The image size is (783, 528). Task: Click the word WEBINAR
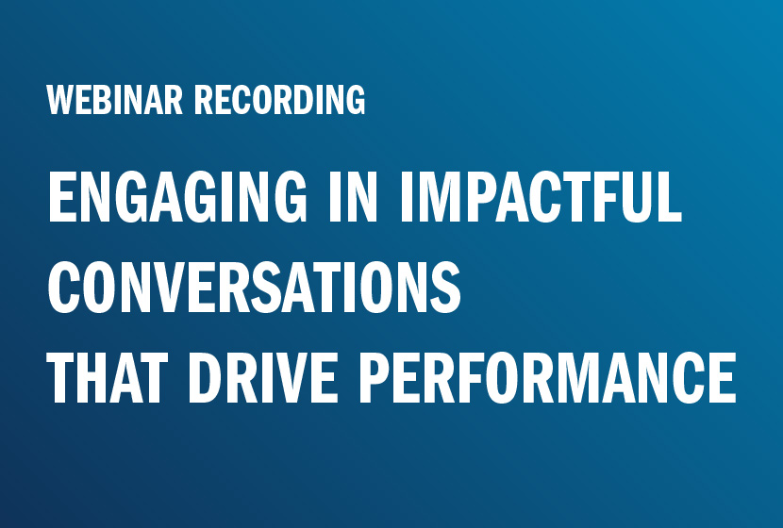click(115, 100)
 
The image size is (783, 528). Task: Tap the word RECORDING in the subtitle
click(279, 100)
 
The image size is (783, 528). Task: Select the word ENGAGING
click(177, 196)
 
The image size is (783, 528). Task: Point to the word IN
click(353, 196)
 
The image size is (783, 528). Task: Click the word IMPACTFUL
click(541, 196)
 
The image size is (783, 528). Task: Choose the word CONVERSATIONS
click(254, 287)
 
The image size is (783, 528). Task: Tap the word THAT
click(108, 377)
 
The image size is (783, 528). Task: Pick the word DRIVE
click(262, 377)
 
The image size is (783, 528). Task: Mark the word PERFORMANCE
click(548, 377)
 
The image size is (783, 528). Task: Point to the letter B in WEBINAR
click(108, 100)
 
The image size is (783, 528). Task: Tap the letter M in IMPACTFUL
click(439, 196)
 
